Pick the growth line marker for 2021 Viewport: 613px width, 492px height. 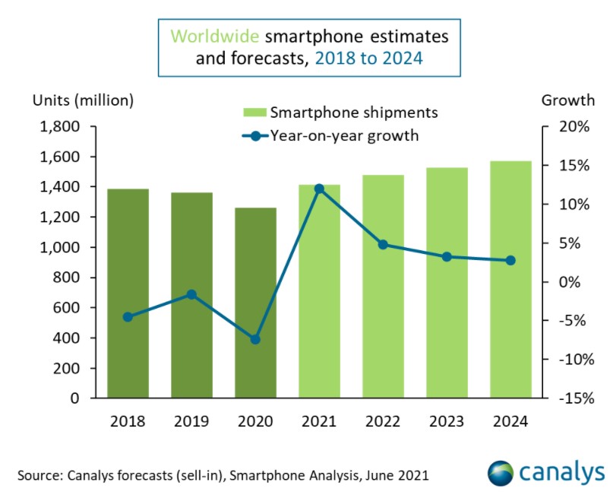pos(319,189)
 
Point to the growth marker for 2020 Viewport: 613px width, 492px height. pos(255,339)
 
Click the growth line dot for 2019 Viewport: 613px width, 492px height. pos(191,294)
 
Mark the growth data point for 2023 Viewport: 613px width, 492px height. pos(447,257)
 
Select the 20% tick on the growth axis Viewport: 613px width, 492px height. pos(571,127)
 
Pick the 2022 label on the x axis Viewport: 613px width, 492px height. pos(383,421)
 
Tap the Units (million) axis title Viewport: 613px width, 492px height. pos(83,100)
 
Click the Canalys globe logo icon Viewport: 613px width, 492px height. pos(501,471)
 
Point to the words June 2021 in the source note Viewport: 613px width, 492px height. pos(402,476)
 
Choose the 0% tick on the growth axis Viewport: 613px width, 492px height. pos(575,281)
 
